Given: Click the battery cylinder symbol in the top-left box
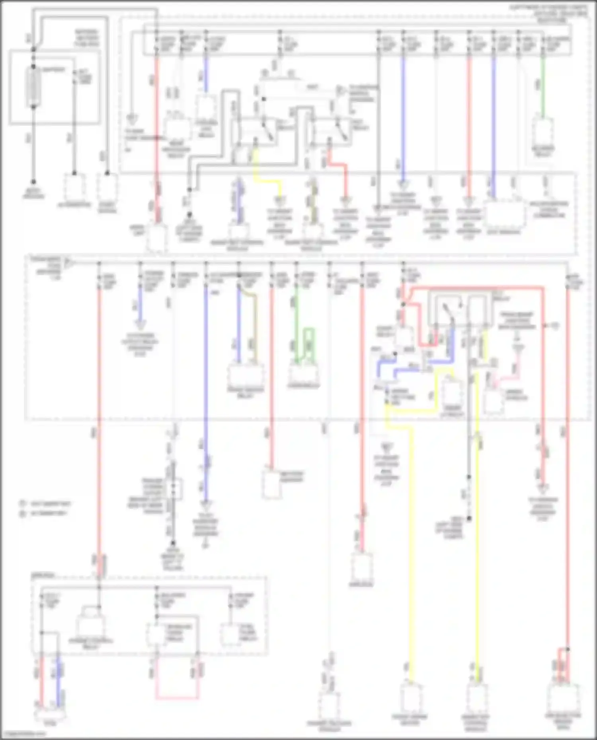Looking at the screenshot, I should [x=33, y=87].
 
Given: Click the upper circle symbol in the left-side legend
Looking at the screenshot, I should [x=23, y=503].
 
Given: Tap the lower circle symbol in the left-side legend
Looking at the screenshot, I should [x=23, y=513].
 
